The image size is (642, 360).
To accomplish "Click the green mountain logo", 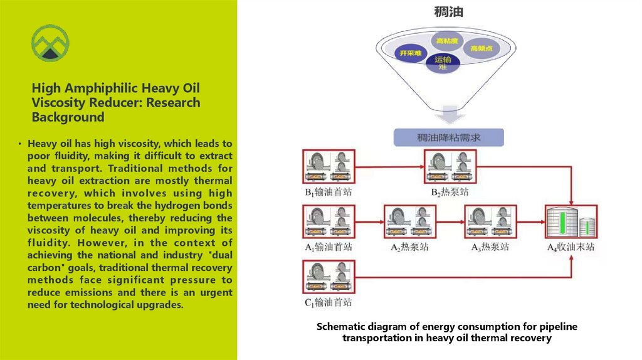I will tap(50, 43).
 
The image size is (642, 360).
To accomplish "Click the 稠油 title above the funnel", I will tap(448, 12).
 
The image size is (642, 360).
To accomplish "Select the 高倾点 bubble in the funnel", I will tap(481, 48).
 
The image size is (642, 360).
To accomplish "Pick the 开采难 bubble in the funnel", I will tap(411, 53).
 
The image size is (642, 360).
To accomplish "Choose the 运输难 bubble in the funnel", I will tap(443, 63).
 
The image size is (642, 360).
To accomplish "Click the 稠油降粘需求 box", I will tap(448, 137).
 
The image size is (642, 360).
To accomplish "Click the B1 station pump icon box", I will tap(328, 166).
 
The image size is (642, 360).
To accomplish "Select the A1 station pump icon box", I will tap(328, 222).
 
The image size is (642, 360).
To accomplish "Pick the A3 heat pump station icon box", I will tap(490, 222).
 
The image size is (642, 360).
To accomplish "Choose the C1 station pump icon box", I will tap(328, 277).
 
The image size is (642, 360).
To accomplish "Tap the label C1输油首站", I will tap(328, 302).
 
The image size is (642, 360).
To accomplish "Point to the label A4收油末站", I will tap(571, 247).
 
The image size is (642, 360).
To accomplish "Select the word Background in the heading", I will tap(68, 117).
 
